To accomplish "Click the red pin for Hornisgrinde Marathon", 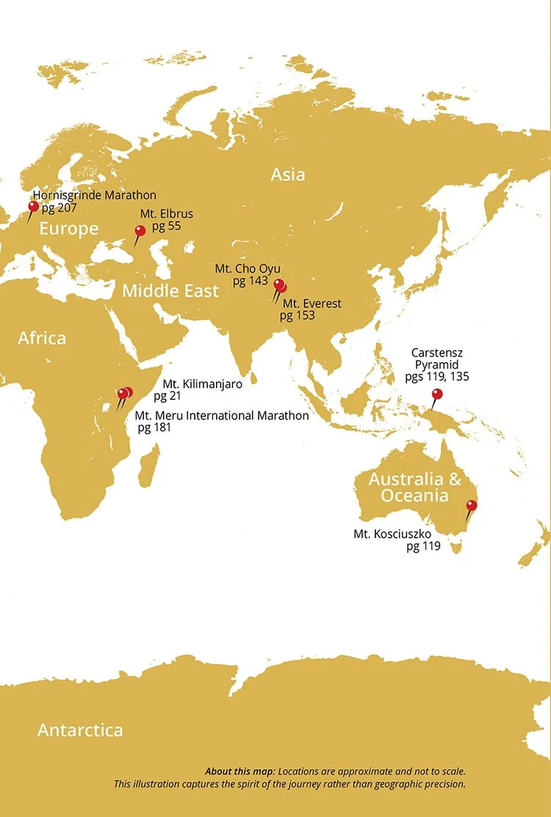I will click(33, 206).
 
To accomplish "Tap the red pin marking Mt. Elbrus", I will click(140, 231).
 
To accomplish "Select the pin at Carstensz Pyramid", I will click(437, 395).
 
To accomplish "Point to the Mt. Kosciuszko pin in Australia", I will click(472, 505).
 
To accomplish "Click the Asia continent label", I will click(288, 175).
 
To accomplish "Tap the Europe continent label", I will click(69, 229).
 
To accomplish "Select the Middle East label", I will click(170, 291).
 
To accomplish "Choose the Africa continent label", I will click(42, 339).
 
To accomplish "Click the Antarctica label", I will click(80, 730).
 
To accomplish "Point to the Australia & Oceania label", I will click(415, 487).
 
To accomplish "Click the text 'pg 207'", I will click(59, 208).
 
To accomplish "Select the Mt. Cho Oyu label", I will click(248, 269).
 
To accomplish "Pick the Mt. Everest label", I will click(312, 303).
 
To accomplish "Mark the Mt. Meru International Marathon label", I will click(222, 416).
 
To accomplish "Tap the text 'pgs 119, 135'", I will click(437, 376).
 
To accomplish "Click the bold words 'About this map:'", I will click(240, 772).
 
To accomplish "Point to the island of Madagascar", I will click(149, 462).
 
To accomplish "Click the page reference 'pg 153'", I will click(297, 315).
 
